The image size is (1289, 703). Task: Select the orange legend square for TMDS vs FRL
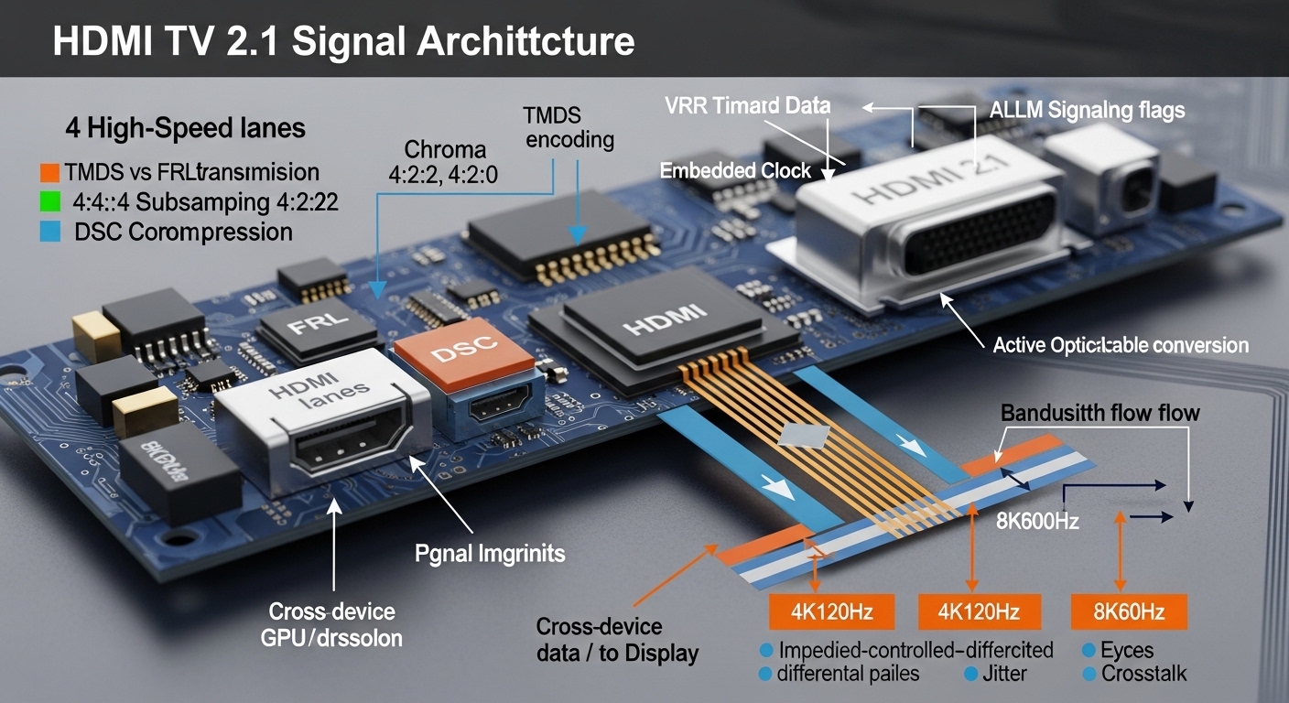(x=49, y=172)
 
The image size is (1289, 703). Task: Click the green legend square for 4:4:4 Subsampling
(x=49, y=201)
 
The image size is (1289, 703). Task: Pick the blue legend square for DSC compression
(x=49, y=232)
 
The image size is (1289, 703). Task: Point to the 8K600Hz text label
(x=1037, y=523)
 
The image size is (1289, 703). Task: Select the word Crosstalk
(x=1144, y=674)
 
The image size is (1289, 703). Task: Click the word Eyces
(x=1128, y=651)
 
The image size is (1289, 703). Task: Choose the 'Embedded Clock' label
(x=736, y=170)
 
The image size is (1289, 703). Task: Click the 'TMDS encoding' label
(x=569, y=128)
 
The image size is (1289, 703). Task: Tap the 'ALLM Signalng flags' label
(x=1088, y=111)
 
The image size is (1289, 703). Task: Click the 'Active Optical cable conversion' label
(x=1121, y=345)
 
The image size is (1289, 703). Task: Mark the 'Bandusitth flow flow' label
(x=1099, y=413)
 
